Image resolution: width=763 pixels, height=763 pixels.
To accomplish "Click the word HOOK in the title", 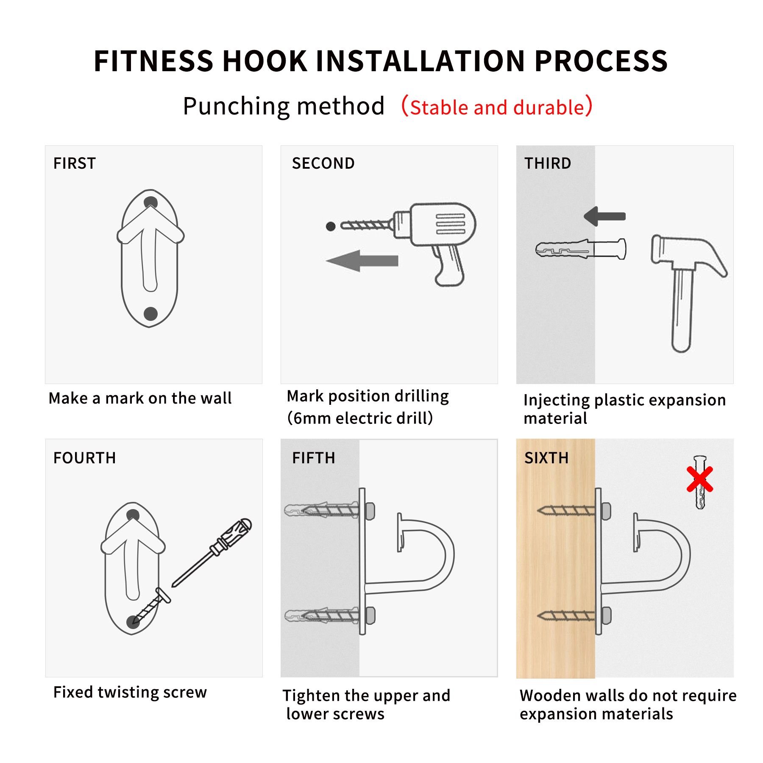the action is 265,61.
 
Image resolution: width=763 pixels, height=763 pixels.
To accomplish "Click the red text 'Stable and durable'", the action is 497,107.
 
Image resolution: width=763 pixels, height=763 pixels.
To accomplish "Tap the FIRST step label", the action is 75,163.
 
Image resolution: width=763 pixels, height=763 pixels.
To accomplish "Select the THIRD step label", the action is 548,163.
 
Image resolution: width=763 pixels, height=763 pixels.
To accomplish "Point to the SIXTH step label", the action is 546,458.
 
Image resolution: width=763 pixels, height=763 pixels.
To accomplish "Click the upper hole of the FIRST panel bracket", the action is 151,203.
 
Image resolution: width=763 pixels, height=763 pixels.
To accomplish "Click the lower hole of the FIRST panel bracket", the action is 150,314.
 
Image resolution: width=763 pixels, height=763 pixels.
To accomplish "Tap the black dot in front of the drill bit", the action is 331,226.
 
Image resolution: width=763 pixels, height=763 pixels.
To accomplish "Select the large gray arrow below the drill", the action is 362,261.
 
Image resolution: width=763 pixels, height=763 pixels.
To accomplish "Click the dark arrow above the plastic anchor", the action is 604,216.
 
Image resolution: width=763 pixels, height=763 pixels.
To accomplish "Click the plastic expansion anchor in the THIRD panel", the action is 581,249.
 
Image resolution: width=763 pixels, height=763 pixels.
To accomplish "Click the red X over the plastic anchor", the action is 700,479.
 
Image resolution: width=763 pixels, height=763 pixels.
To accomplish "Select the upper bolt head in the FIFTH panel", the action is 370,511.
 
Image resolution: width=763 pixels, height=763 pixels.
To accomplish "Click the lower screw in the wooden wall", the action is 566,615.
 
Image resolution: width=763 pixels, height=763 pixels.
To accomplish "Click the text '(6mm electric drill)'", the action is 360,418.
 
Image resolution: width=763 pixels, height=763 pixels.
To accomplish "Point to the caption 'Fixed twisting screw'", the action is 130,692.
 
